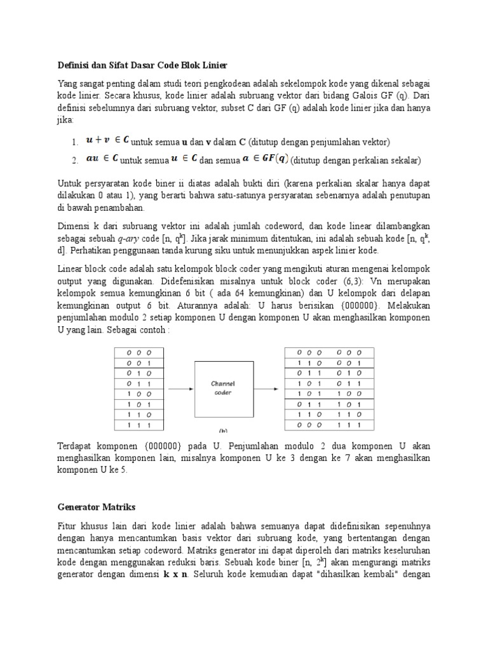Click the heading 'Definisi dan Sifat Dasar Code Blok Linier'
(142, 65)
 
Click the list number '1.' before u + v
(75, 142)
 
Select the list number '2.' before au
(75, 160)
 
